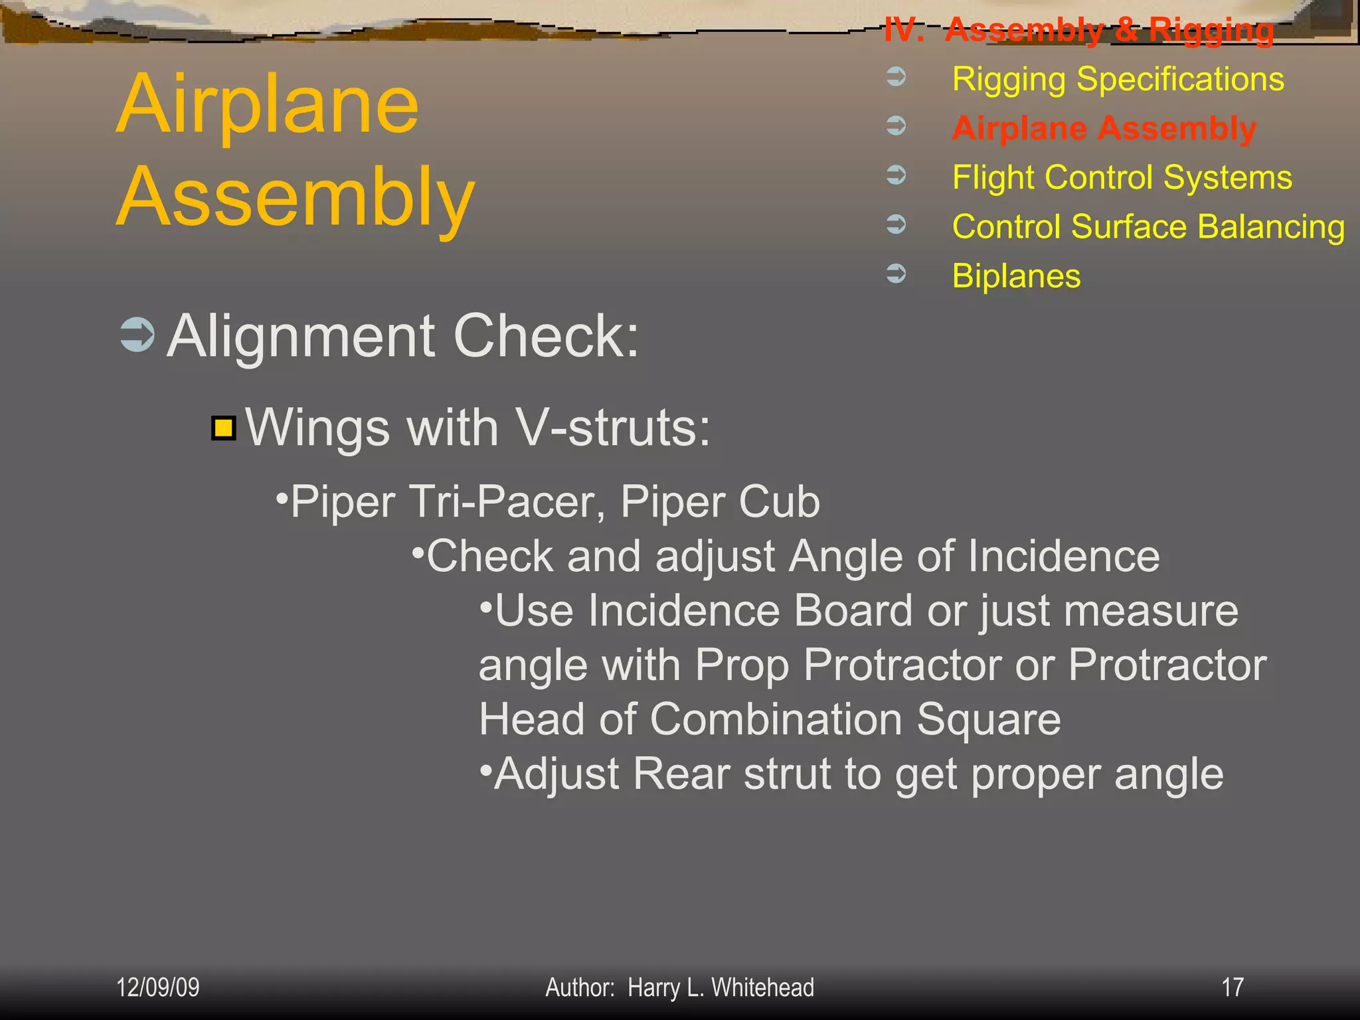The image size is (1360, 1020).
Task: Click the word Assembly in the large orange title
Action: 296,198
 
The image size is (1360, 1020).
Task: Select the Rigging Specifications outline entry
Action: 1118,79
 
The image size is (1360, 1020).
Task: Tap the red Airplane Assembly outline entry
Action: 1104,128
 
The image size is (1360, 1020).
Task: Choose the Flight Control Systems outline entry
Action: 1122,177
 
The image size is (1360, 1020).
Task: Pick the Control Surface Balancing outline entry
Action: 1148,226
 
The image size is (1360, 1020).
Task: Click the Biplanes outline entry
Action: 1016,276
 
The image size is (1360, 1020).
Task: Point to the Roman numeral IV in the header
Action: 903,31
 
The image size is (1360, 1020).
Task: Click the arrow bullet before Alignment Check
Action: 137,335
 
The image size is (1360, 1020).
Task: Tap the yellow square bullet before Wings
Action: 224,428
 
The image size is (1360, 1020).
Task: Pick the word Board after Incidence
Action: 853,610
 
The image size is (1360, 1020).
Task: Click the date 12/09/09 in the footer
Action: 157,987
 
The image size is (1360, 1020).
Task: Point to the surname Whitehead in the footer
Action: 762,987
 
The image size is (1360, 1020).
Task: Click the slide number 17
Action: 1232,987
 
